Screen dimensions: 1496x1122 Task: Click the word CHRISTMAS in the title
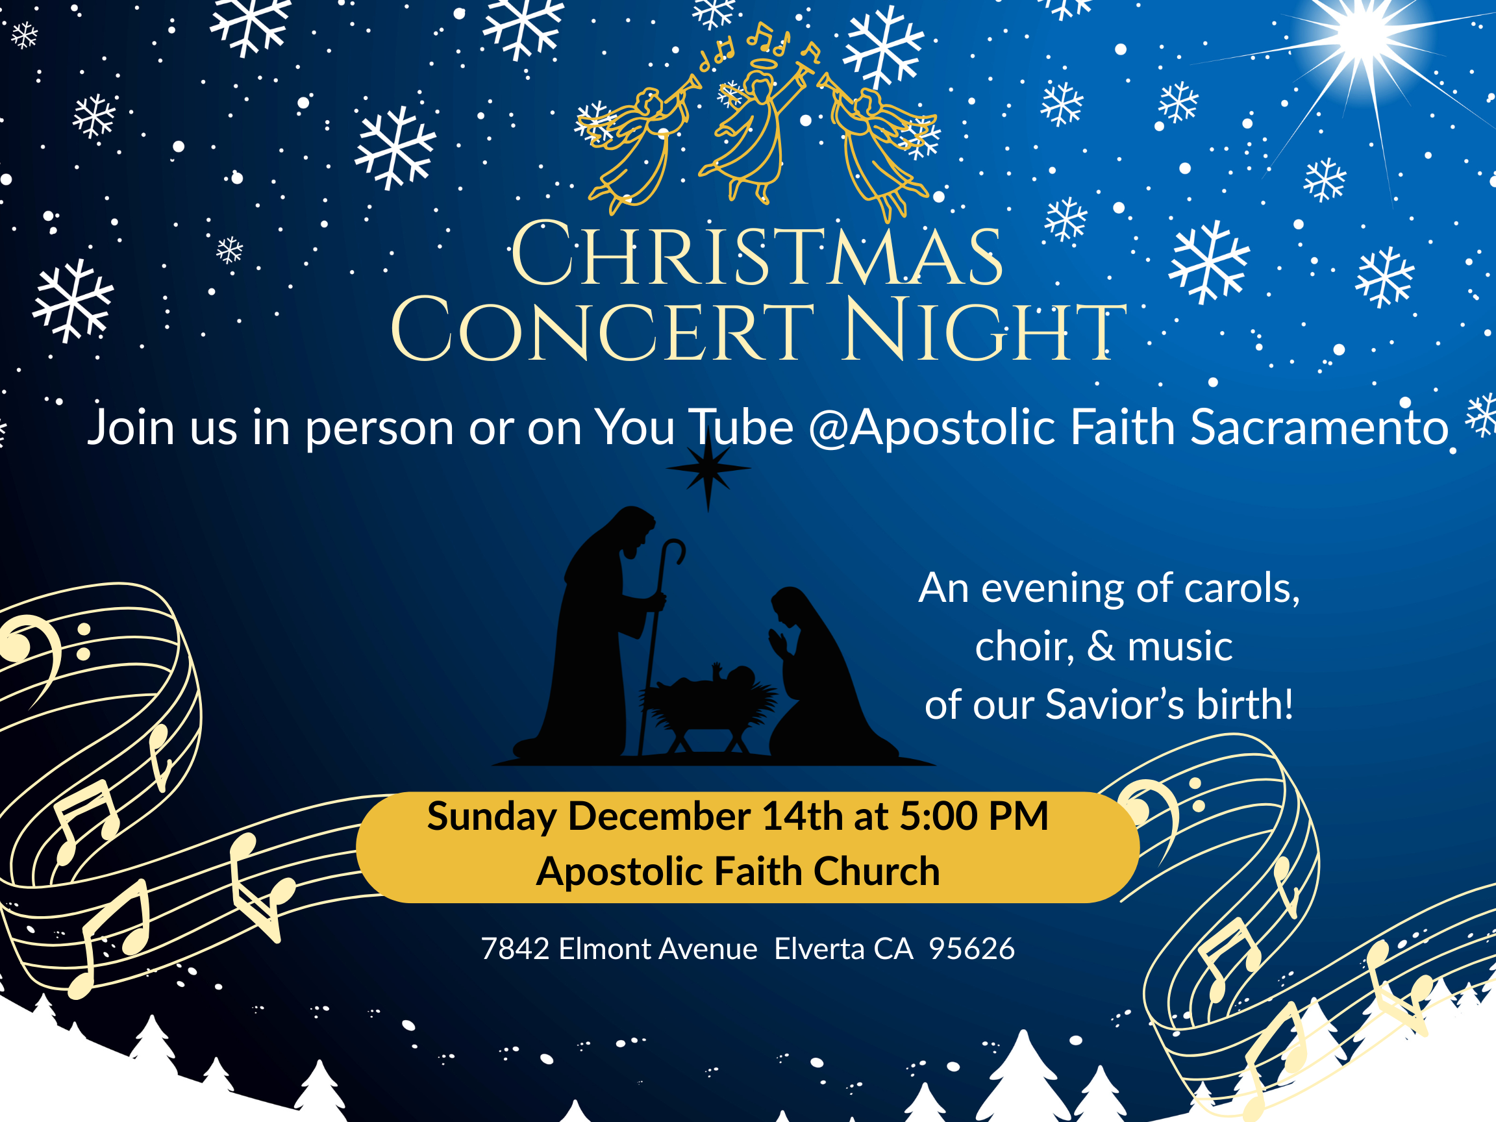[x=756, y=254]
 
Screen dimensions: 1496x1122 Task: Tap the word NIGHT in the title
[x=984, y=330]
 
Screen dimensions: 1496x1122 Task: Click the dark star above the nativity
[x=708, y=468]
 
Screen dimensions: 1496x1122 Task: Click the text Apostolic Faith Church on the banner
[x=738, y=871]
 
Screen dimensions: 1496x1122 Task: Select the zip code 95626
[x=972, y=949]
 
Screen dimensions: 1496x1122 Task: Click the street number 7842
[x=516, y=949]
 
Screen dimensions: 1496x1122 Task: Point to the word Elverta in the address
[x=819, y=949]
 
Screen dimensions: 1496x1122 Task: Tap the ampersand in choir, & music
[x=1101, y=646]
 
